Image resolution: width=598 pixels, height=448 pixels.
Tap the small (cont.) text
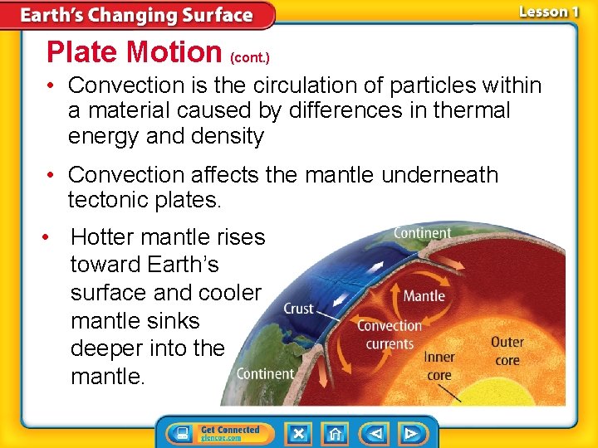[x=249, y=58]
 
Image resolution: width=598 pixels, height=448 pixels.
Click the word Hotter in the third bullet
[x=105, y=237]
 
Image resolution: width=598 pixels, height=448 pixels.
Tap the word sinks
[x=170, y=321]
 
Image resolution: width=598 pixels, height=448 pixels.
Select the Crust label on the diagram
[x=298, y=309]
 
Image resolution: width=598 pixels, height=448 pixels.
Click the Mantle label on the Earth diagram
[x=424, y=295]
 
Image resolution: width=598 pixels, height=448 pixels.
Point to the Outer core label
[x=507, y=351]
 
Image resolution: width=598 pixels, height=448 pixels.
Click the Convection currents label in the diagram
[x=390, y=334]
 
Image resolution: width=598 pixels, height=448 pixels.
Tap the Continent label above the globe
[x=422, y=233]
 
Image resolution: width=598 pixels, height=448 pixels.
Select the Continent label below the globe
[x=265, y=374]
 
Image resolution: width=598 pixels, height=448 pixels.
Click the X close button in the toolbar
[x=297, y=433]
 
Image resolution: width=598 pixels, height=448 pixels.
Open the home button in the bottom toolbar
[x=335, y=433]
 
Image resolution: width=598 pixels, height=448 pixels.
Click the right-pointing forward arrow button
[x=410, y=433]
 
